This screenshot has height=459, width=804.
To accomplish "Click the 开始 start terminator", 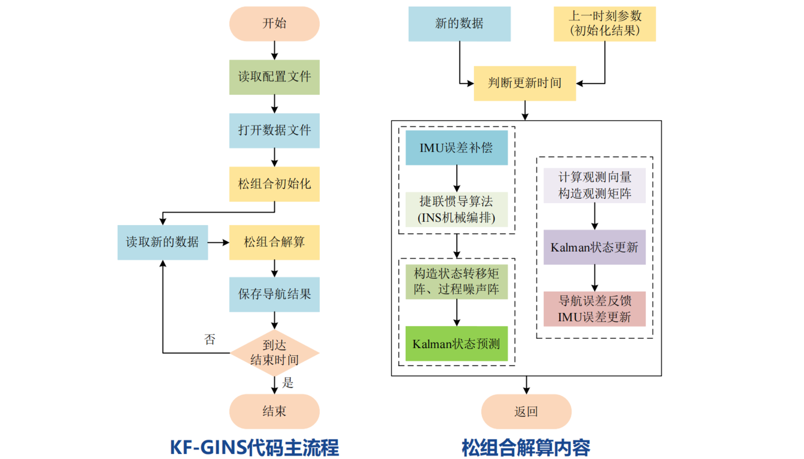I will click(274, 23).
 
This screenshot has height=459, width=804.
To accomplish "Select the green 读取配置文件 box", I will click(274, 77).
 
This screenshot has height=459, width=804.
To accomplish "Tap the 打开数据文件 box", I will click(274, 131).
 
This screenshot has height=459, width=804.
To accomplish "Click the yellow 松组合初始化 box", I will click(274, 184).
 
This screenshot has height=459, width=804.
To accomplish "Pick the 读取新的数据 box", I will click(162, 242).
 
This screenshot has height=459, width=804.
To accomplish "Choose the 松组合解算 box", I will click(274, 242).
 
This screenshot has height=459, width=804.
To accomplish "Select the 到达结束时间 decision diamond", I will click(274, 353).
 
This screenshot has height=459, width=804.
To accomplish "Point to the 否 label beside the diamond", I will click(209, 340).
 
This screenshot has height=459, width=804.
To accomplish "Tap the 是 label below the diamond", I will click(288, 383).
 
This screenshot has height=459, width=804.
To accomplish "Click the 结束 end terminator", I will click(274, 412).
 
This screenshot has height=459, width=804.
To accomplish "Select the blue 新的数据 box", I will click(459, 24).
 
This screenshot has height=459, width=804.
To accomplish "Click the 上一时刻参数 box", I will click(604, 24).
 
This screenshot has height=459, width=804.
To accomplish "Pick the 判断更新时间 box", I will click(525, 84).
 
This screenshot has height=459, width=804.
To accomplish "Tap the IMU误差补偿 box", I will click(456, 148).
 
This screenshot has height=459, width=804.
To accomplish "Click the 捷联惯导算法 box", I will click(456, 209).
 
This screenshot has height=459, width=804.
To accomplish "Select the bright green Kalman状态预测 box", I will click(456, 343).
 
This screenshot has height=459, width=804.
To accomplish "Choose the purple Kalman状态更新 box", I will click(594, 247).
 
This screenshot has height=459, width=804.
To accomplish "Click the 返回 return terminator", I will click(526, 412).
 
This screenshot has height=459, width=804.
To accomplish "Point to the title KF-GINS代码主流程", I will click(254, 447).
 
